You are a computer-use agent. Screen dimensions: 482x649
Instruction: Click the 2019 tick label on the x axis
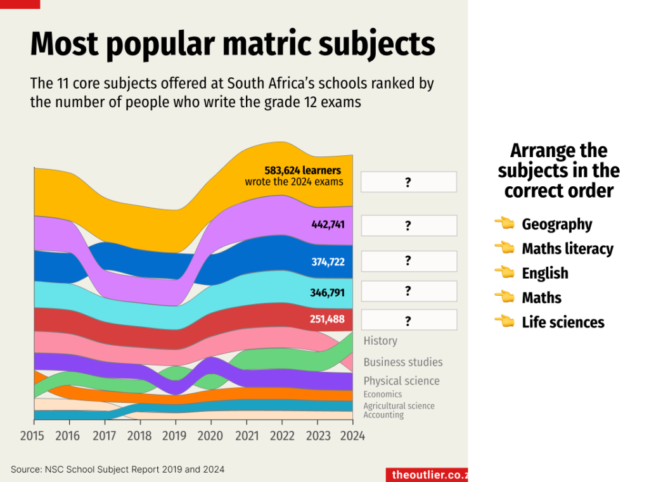pos(175,436)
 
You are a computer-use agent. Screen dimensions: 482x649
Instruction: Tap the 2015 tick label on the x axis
pos(32,436)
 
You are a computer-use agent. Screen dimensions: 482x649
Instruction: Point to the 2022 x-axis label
pos(282,436)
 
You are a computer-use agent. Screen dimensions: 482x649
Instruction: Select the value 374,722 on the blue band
pos(328,261)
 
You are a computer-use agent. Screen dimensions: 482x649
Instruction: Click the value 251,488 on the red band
pos(327,319)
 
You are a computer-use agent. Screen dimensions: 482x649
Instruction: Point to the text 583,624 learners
pos(302,170)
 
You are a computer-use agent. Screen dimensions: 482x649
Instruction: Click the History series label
pos(380,341)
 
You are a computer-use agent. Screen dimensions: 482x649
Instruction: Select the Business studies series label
pos(403,362)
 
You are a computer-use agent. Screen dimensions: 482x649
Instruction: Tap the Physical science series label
pos(401,381)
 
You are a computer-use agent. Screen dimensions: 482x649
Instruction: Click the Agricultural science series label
pos(399,406)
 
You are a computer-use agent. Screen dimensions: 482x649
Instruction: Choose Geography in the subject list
pos(556,224)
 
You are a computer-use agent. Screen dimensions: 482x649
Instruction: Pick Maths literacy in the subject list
pos(567,249)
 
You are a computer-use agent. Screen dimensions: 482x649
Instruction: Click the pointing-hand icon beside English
pos(505,273)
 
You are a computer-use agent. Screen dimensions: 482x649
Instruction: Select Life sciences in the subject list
pos(563,322)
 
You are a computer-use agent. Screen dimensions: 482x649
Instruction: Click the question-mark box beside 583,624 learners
pos(408,182)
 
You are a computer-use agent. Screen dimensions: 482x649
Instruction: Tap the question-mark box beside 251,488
pos(408,320)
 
